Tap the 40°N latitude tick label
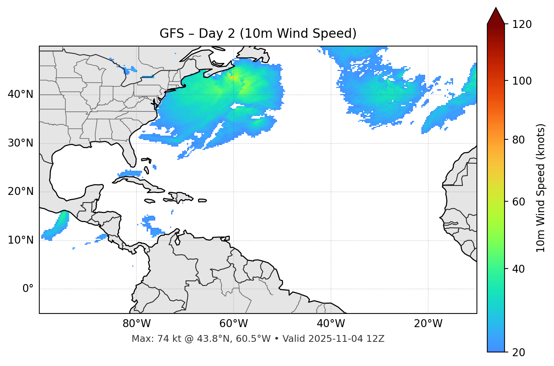pos(20,94)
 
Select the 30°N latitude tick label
pos(20,143)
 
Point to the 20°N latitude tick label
pos(20,191)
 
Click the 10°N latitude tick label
pos(20,240)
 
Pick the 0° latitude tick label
pos(28,289)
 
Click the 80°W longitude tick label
pos(136,324)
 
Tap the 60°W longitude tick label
pos(234,324)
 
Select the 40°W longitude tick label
pos(331,324)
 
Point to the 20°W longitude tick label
pos(428,324)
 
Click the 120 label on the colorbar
pos(522,25)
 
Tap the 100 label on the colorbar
pos(522,81)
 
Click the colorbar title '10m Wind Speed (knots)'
pos(541,188)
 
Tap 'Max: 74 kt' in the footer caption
pos(148,339)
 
